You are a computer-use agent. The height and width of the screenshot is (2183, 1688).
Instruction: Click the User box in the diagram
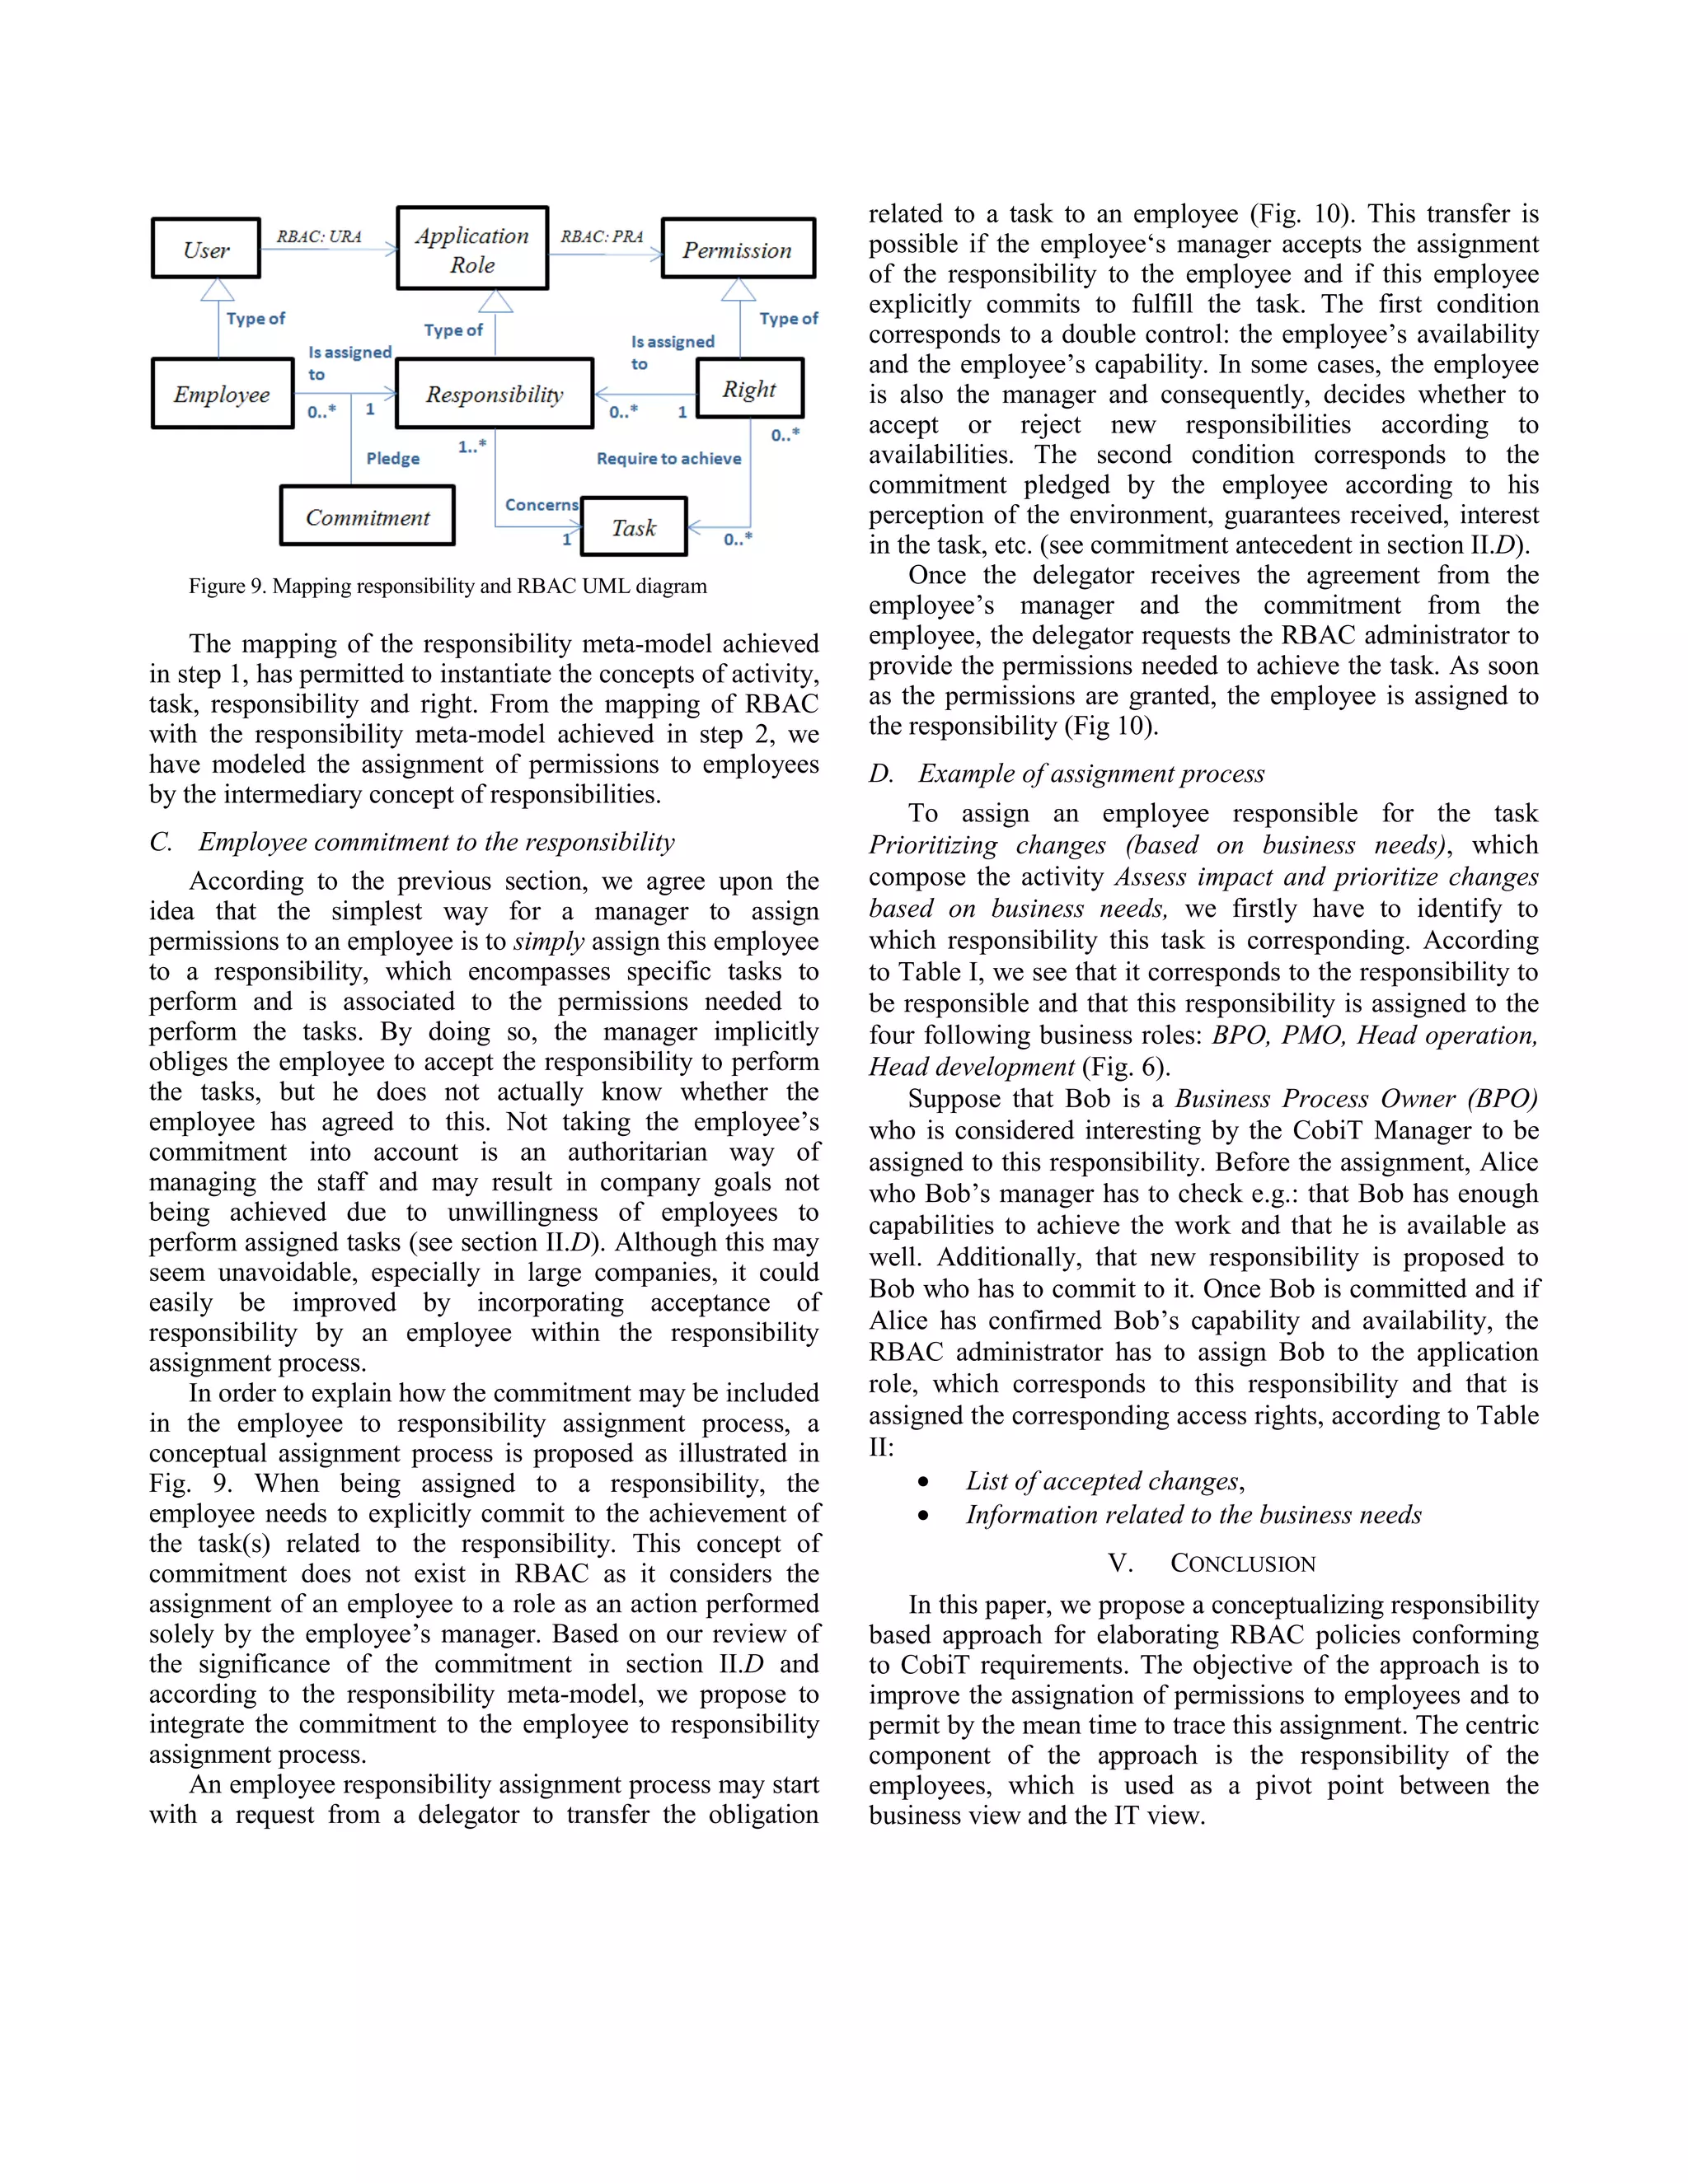click(206, 249)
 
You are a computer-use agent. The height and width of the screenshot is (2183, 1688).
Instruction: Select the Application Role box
click(472, 249)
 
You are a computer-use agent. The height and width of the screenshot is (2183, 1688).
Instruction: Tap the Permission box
click(738, 249)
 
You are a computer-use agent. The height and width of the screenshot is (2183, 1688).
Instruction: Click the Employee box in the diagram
click(222, 394)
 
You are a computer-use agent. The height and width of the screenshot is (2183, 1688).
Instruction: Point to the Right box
click(749, 389)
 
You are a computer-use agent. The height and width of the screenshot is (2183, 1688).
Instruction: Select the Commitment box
click(367, 517)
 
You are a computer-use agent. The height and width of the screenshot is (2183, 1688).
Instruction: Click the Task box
click(634, 526)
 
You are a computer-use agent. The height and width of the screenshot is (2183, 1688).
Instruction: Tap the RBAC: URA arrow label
click(319, 237)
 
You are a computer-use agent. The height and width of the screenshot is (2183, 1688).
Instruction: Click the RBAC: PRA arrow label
click(602, 237)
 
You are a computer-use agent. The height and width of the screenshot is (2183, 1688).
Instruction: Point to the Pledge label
click(393, 459)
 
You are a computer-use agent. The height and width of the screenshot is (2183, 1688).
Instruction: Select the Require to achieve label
click(669, 459)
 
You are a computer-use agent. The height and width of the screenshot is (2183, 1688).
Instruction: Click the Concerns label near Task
click(541, 505)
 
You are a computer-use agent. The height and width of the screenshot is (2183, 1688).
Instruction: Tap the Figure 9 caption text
click(447, 587)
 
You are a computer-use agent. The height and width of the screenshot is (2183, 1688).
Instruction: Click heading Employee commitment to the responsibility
click(436, 842)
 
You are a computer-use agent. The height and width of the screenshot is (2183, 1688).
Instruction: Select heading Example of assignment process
click(1091, 774)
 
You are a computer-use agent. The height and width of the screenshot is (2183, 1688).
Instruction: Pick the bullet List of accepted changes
click(1104, 1481)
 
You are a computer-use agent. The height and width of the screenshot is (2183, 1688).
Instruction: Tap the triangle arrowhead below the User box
click(217, 291)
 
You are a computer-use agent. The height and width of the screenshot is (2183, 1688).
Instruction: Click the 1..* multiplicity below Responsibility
click(472, 446)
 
